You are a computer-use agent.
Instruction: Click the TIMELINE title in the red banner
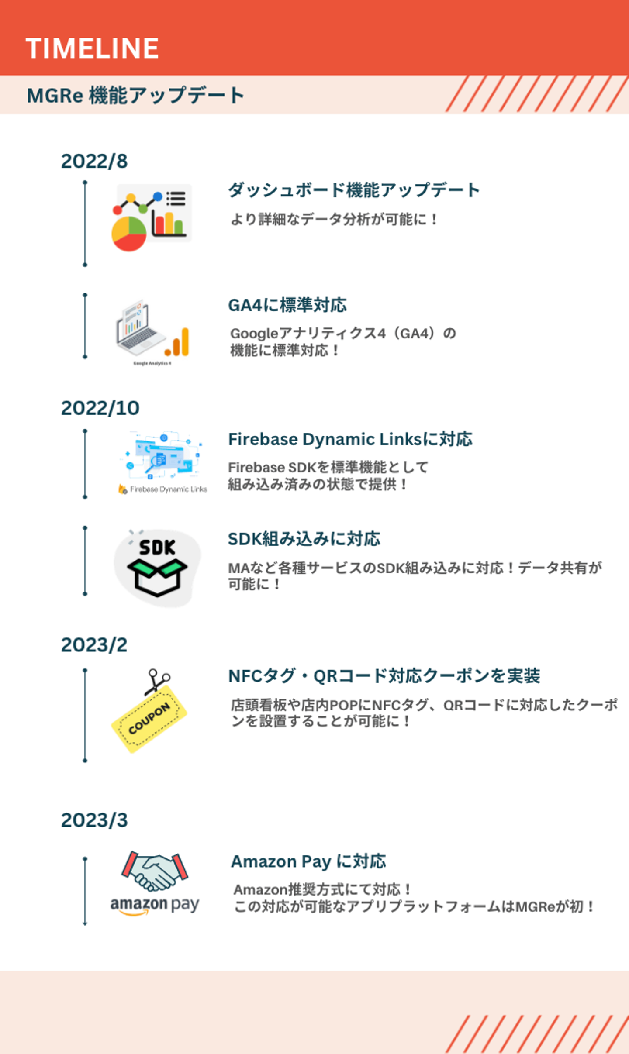click(x=92, y=48)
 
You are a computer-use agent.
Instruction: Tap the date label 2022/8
click(x=94, y=161)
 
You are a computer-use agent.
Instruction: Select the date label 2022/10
click(x=100, y=408)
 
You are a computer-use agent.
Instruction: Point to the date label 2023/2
click(x=94, y=645)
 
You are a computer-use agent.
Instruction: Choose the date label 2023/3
click(x=94, y=820)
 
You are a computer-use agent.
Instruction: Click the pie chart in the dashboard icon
click(x=129, y=234)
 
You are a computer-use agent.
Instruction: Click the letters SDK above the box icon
click(x=157, y=548)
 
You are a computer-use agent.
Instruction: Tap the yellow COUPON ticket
click(x=149, y=718)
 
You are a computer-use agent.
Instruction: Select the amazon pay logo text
click(x=155, y=904)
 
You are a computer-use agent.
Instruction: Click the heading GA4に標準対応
click(x=287, y=305)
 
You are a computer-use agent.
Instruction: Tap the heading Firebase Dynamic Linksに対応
click(x=350, y=439)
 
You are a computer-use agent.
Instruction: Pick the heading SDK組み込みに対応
click(x=304, y=539)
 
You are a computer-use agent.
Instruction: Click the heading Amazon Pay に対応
click(x=308, y=861)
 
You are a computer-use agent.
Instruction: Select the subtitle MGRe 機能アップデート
click(x=135, y=95)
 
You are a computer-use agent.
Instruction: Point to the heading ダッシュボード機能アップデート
click(x=354, y=190)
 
